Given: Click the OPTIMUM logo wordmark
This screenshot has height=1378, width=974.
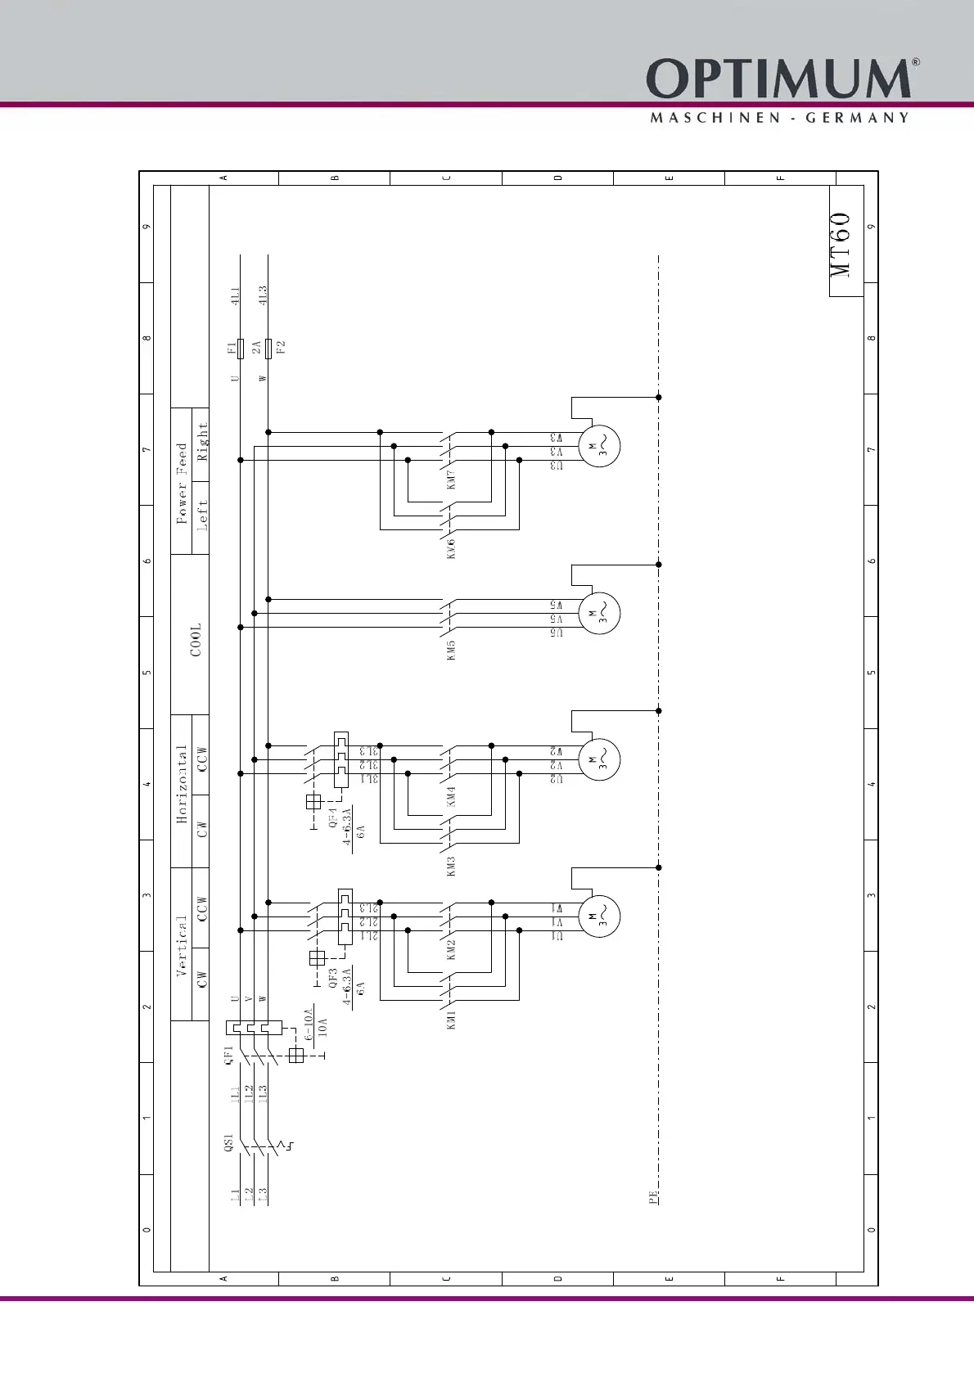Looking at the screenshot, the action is point(778,79).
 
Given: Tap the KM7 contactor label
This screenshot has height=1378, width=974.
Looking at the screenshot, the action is point(451,480).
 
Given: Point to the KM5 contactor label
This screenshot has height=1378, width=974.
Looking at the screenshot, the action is point(451,651).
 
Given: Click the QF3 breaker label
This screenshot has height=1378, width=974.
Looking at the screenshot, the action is point(333,979).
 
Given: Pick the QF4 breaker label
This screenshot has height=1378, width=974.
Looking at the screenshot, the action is point(333,818).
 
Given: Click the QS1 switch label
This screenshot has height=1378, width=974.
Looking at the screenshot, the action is point(229,1142).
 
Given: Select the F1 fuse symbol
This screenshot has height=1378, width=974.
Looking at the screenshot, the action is point(241,349).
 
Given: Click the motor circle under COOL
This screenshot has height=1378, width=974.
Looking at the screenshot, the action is point(599,614).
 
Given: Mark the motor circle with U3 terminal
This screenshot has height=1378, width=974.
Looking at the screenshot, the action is point(599,447).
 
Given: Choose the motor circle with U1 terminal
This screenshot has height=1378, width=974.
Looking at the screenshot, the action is point(599,916).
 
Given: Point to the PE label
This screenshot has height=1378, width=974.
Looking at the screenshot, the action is point(653,1197).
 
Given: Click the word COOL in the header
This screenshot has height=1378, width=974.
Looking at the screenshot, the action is point(196,639).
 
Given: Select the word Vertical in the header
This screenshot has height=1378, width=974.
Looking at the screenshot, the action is point(182,945).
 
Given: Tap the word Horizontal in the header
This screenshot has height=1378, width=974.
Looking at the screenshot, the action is point(182,783).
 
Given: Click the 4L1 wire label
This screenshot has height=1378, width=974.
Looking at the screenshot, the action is point(235,295).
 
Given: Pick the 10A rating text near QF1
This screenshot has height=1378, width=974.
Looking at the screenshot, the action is point(322,1028).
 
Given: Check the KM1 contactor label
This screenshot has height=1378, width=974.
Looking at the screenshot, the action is point(451,1020).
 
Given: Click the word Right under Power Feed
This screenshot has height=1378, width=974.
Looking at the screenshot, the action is point(203,441).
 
